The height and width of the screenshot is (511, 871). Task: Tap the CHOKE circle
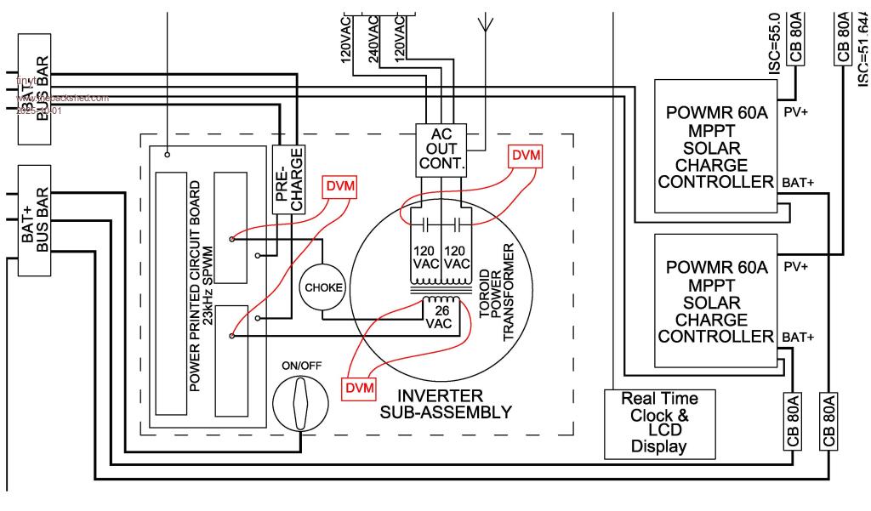(x=323, y=287)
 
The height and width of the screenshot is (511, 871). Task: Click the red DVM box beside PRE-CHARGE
(x=339, y=187)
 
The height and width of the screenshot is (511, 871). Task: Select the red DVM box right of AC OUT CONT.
(x=524, y=156)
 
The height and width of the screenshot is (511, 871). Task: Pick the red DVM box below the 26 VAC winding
(x=358, y=388)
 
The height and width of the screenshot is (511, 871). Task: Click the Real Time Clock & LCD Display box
(x=659, y=423)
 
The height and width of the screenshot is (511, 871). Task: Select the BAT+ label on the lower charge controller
(x=798, y=337)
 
